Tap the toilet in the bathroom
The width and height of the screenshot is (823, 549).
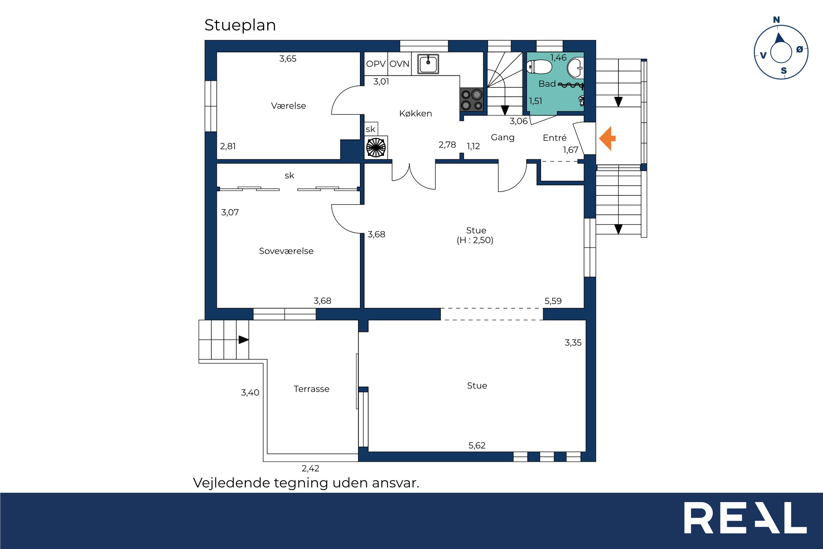539,67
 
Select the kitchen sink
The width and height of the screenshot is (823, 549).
428,64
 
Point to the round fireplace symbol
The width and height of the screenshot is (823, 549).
376,147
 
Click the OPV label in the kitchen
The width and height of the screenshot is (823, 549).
376,64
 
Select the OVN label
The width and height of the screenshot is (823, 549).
399,64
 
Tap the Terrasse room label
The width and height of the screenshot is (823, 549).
311,389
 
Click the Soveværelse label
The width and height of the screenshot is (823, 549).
286,251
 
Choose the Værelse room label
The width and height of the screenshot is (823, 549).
289,106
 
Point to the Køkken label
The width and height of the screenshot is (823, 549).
416,113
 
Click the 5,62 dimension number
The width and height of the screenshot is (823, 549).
477,445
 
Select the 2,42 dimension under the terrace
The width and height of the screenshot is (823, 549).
311,468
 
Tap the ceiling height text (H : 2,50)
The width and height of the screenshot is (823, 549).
475,240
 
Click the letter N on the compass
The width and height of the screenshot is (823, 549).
776,20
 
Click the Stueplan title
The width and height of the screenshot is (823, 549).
240,25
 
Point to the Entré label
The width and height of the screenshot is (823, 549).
555,137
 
